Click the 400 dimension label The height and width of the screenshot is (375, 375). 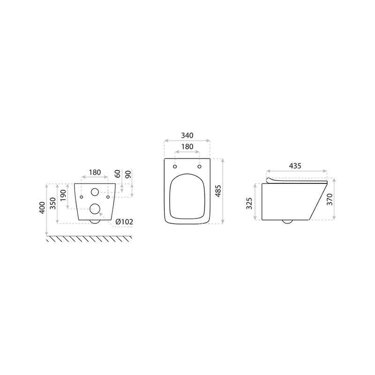42,208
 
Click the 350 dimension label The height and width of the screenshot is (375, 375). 52,203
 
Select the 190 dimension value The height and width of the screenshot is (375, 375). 63,195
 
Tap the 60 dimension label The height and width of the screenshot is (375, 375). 118,174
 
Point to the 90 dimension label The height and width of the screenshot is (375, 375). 128,174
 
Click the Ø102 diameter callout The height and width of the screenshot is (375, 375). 124,222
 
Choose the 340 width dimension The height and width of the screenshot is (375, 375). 187,135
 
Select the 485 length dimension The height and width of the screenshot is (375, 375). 218,191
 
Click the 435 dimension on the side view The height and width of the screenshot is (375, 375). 295,165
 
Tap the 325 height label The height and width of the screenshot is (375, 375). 249,203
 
